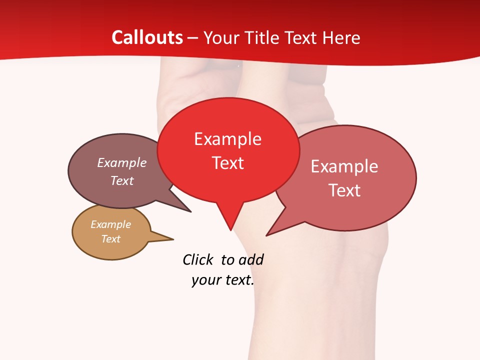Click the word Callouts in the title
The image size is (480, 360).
coord(147,37)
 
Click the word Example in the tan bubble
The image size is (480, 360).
coord(110,224)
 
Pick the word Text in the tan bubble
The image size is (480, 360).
coord(110,239)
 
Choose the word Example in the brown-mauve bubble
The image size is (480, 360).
coord(122,163)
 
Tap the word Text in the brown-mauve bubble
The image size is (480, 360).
coord(122,180)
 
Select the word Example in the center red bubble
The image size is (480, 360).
coord(227,139)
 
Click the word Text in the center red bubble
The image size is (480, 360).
coord(228,163)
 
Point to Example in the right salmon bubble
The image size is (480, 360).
coord(344,166)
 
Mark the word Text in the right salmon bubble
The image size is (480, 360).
coord(344,190)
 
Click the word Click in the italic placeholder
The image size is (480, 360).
coord(198,259)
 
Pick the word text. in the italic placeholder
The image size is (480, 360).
coord(238,280)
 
